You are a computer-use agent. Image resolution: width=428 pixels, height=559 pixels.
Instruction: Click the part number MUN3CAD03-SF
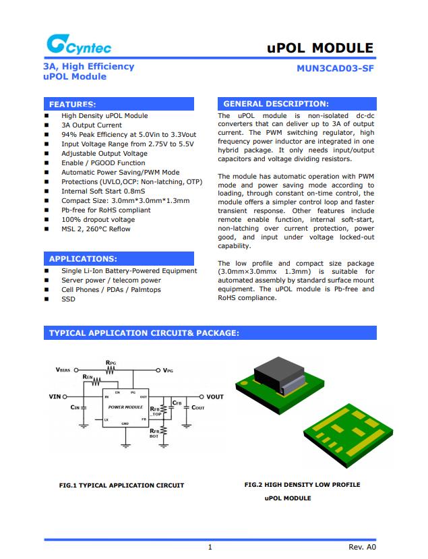click(x=334, y=68)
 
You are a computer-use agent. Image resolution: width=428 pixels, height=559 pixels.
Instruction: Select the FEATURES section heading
click(x=72, y=105)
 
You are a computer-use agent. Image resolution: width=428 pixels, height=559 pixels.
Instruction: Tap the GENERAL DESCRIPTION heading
click(x=276, y=104)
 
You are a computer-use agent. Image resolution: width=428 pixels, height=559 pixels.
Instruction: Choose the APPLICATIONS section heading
click(x=83, y=259)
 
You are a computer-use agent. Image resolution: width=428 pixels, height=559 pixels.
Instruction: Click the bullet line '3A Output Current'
click(x=92, y=125)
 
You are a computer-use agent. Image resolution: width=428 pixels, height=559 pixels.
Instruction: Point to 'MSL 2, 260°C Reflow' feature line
click(x=96, y=229)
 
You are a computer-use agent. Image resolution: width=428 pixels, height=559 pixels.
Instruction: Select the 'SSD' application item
click(x=68, y=299)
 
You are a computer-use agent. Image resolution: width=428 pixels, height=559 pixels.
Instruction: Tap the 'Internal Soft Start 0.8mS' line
click(x=103, y=192)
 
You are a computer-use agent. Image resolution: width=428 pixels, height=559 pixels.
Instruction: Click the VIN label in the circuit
click(x=58, y=396)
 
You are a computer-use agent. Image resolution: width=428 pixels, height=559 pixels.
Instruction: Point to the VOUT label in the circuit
click(x=214, y=397)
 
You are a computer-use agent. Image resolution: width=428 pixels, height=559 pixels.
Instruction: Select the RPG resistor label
click(x=111, y=363)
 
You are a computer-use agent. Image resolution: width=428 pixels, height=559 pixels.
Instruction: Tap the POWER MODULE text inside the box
click(x=125, y=407)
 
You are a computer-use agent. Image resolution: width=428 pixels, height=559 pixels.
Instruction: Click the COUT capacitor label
click(x=197, y=408)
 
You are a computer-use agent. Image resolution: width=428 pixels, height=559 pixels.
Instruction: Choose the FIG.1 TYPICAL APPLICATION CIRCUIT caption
click(x=121, y=486)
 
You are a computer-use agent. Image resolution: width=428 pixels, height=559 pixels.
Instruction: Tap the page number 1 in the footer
click(x=210, y=547)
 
